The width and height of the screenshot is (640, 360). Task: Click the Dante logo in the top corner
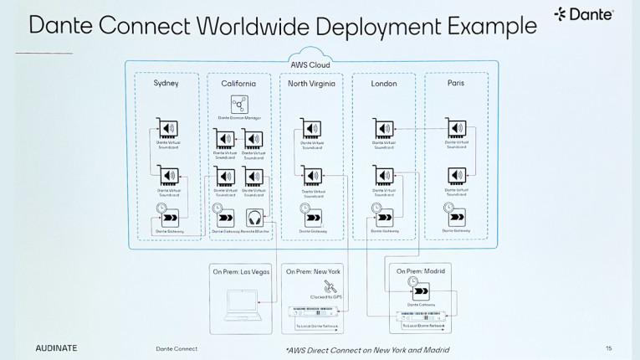point(584,14)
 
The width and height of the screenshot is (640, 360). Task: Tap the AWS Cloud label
point(310,64)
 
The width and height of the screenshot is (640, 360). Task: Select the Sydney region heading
point(166,83)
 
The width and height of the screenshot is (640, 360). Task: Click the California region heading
point(238,84)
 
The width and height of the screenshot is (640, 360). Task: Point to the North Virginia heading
point(311,84)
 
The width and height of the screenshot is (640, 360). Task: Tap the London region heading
point(383,84)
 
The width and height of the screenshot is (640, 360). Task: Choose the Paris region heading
point(456,83)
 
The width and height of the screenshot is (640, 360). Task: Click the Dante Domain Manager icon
point(239,104)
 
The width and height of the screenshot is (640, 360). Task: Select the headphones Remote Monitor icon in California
point(254,216)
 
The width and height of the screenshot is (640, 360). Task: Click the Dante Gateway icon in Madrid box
point(421,291)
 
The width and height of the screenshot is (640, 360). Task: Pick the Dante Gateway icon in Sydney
point(169,217)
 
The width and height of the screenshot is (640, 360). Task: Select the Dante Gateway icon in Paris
point(457,217)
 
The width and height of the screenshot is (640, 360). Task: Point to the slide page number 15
point(608,347)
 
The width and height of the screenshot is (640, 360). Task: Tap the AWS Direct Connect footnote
point(366,349)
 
